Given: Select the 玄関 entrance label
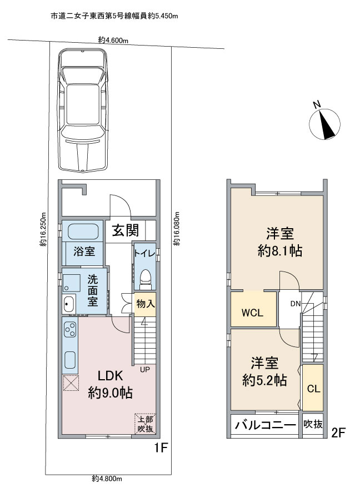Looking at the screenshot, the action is tap(126, 230).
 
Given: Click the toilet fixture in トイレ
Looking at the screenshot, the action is tap(146, 279).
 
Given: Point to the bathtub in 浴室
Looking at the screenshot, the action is tap(83, 232).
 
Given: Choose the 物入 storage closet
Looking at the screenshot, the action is tap(146, 304).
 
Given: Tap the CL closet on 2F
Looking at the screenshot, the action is tap(313, 388).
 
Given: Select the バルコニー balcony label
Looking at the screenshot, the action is tap(266, 425).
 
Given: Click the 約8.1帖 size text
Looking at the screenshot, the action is tap(280, 251).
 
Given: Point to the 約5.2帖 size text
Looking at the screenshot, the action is tap(264, 380).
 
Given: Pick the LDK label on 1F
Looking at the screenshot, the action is tap(110, 376).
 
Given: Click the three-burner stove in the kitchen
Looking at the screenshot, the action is tap(70, 329).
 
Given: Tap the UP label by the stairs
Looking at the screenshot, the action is tap(145, 369).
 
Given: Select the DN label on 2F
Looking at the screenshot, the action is tap(296, 304).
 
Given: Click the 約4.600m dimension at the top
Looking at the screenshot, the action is tap(113, 40).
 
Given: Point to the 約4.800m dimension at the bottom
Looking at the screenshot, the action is tap(107, 479).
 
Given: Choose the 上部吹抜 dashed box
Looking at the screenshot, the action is tap(146, 424).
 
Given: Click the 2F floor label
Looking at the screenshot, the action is tap(338, 434).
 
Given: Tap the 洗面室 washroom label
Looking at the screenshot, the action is tap(93, 291).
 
